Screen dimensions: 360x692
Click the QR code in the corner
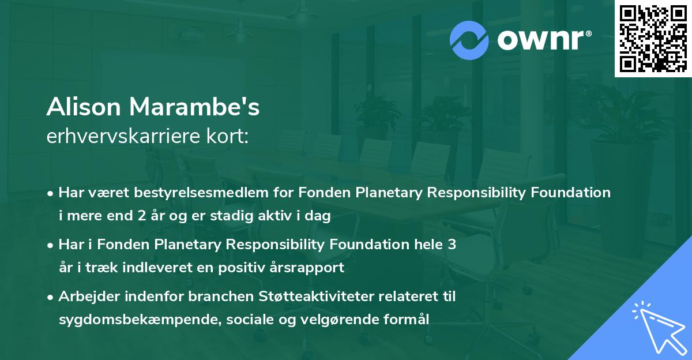(x=653, y=39)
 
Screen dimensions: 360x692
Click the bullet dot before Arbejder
(x=51, y=297)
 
